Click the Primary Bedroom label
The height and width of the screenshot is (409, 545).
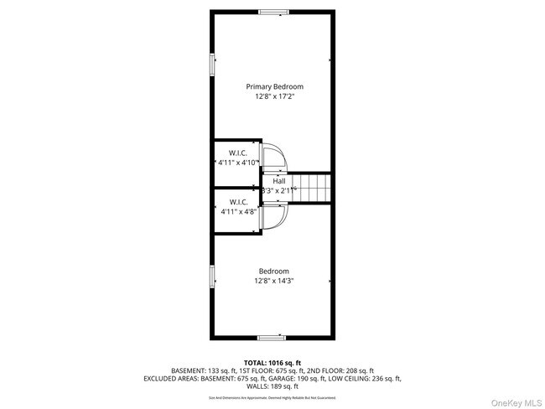point(274,86)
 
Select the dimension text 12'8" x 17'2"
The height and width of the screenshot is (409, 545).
point(274,97)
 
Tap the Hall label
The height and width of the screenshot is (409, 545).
point(278,181)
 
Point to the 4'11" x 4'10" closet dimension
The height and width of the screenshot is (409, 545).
point(237,163)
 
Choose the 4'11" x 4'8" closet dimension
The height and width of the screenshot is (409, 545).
point(237,212)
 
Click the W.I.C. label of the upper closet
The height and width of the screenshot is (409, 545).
point(237,153)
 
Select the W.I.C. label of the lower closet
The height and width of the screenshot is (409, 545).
point(237,202)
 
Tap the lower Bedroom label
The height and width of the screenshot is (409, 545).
point(273,271)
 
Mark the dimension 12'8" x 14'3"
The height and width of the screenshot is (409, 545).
point(273,282)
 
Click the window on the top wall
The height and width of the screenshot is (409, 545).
point(272,12)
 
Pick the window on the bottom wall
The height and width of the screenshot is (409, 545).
point(272,337)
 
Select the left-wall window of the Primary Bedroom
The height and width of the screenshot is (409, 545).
point(212,65)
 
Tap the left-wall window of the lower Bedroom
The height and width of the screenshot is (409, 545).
point(212,277)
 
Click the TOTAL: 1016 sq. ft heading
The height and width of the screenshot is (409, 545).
point(272,361)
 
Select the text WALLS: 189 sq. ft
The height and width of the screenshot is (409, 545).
point(272,386)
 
